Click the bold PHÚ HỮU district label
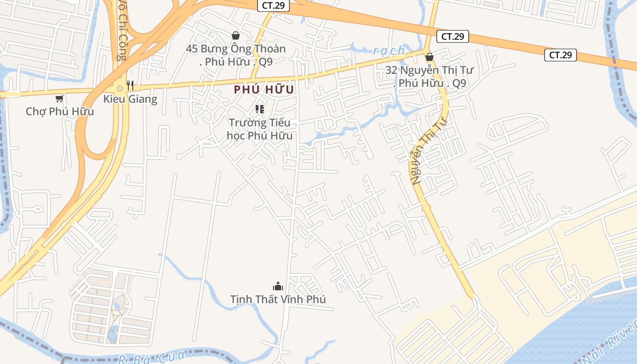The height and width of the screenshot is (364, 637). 264,90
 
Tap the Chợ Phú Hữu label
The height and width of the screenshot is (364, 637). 60,111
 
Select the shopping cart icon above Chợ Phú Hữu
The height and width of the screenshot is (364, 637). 59,98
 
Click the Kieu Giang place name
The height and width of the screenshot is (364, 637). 130,99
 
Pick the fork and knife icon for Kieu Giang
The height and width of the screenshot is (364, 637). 130,85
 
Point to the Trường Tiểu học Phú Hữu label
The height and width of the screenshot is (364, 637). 259,129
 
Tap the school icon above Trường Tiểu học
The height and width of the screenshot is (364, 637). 260,109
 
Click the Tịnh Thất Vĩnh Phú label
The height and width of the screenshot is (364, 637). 278,299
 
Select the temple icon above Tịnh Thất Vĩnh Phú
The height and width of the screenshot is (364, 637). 278,286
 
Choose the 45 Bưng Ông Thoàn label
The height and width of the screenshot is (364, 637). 236,55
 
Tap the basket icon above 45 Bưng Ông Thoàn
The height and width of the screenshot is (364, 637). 236,35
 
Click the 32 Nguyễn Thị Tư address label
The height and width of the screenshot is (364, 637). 429,76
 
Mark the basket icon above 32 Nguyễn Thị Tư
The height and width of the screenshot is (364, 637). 429,57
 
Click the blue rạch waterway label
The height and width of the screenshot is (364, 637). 389,51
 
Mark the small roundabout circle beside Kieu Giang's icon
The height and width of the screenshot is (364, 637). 120,88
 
